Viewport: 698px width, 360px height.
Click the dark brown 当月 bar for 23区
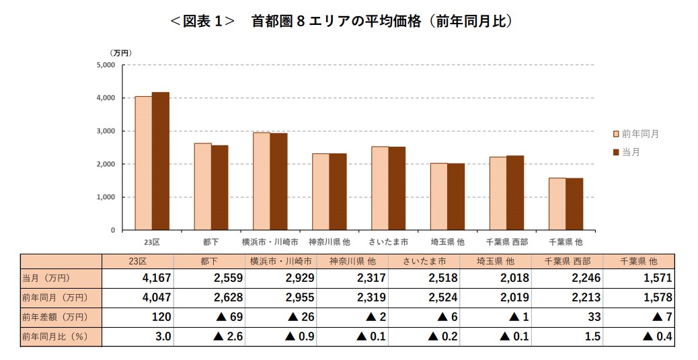coord(160,161)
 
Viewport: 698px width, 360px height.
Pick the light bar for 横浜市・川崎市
coord(262,181)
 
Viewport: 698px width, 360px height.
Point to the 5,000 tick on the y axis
coord(106,65)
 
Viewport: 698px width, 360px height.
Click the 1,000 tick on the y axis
coord(106,197)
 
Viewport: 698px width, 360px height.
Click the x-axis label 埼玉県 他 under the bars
coord(447,241)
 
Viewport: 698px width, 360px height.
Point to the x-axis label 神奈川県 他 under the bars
coord(329,241)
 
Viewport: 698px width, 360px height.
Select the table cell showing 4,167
coord(157,278)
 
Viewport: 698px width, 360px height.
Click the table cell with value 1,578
coord(658,297)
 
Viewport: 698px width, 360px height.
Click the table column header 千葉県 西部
coord(566,261)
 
